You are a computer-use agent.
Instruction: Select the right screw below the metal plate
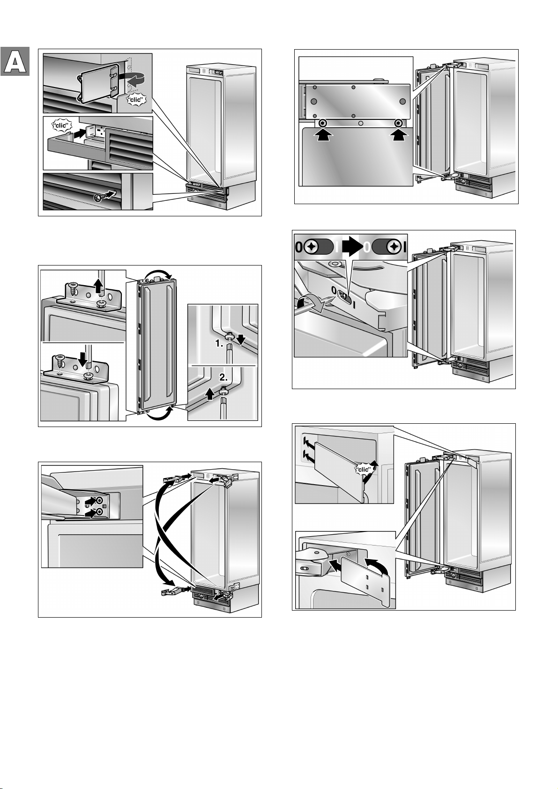398,123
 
